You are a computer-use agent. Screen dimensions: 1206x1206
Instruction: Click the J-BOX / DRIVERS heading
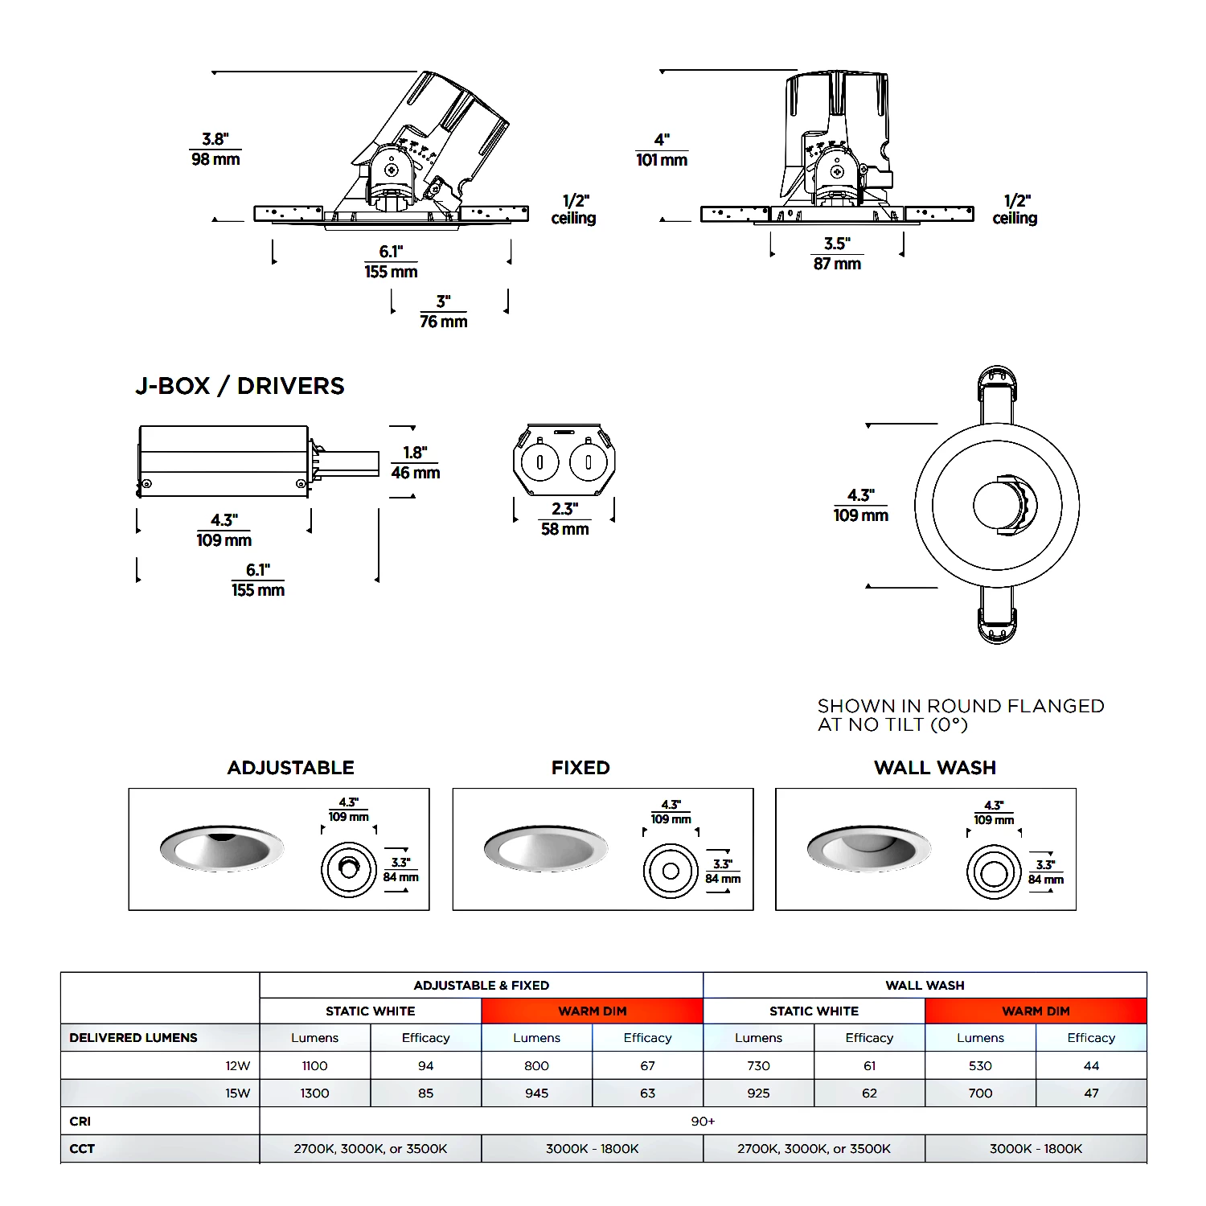click(x=240, y=386)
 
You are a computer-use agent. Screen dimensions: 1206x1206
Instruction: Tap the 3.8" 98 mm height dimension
click(x=215, y=150)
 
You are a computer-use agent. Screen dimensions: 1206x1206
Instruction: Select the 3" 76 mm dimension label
click(x=443, y=312)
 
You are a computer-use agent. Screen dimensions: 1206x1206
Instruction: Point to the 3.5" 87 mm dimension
click(x=837, y=254)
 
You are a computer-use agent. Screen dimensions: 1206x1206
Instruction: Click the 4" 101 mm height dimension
click(x=662, y=150)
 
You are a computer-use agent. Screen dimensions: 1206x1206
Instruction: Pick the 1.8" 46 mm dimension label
click(x=416, y=463)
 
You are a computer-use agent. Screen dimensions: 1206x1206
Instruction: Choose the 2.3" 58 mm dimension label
click(x=564, y=519)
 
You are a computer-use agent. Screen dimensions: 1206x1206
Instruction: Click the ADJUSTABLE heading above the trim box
click(x=291, y=768)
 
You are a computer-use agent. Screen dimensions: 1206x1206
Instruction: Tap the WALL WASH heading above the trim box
click(x=935, y=768)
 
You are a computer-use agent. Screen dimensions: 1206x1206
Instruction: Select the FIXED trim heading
click(x=580, y=768)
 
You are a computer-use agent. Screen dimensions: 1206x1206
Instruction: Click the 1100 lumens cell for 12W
click(x=315, y=1065)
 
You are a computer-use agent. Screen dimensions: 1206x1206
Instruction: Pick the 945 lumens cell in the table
click(x=537, y=1093)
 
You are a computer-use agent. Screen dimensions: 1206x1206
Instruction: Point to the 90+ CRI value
click(x=703, y=1122)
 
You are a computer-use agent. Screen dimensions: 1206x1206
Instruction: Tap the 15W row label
click(x=238, y=1093)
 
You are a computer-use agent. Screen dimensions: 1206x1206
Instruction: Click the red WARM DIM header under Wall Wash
click(x=1036, y=1011)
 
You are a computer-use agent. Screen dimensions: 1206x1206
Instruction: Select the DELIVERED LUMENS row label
click(x=133, y=1038)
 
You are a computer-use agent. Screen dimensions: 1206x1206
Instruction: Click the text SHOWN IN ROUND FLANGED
click(x=961, y=706)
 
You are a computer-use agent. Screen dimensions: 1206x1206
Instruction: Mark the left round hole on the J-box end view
click(x=540, y=462)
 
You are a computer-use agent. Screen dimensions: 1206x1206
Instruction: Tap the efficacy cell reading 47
click(x=1091, y=1093)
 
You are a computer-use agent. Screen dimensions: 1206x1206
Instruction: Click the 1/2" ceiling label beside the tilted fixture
click(x=573, y=209)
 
